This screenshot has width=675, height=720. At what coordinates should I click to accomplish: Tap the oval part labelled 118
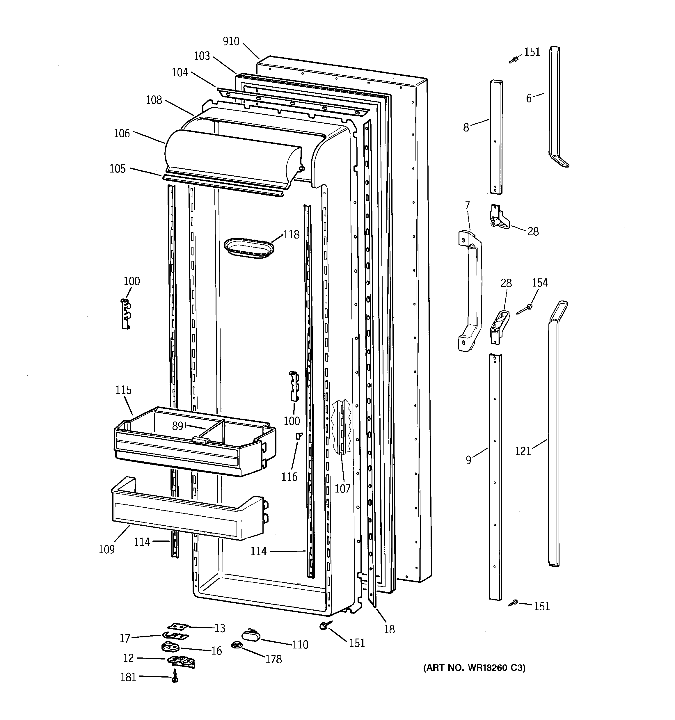coord(248,248)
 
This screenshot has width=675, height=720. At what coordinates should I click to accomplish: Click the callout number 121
coord(523,451)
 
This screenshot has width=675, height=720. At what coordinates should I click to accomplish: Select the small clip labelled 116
coord(299,436)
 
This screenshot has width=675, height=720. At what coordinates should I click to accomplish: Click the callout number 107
coord(342,488)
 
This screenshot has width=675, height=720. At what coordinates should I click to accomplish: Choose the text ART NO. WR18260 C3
coord(474,667)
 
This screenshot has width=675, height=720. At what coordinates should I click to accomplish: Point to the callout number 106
coord(122,133)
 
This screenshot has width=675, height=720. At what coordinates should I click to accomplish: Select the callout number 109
coord(106,550)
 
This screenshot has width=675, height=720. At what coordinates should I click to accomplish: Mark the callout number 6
coord(529,98)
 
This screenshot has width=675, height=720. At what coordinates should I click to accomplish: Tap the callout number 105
coord(118,168)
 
